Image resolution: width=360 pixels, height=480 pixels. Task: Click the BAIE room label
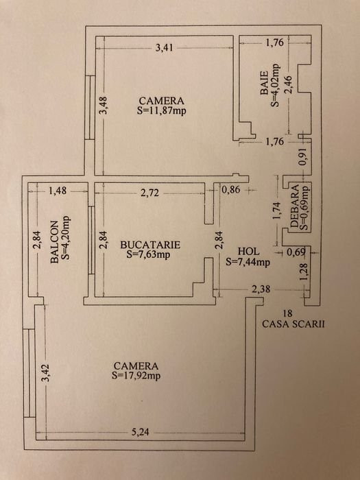(264, 83)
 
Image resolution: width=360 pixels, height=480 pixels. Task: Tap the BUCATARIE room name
(150, 245)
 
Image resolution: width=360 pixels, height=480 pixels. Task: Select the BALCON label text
(54, 242)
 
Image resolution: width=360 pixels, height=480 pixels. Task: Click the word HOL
(248, 252)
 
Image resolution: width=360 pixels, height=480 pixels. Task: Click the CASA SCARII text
(293, 324)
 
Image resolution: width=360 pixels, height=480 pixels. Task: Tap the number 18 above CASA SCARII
(288, 313)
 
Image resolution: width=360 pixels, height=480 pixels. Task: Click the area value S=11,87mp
(162, 110)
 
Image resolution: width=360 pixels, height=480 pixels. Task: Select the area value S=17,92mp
(136, 376)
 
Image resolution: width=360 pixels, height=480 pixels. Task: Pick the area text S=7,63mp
(148, 254)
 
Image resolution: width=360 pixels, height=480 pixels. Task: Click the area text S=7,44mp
(248, 262)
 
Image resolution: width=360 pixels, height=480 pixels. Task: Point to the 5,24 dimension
(141, 432)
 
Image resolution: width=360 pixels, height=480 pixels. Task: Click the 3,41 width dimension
(165, 48)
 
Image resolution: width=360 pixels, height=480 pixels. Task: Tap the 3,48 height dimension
(104, 106)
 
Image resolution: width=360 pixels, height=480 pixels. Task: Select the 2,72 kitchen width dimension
(150, 193)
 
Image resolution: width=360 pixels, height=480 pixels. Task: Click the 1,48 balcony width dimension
(58, 191)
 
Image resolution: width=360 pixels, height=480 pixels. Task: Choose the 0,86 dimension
(231, 190)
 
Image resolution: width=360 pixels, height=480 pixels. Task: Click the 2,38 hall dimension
(261, 289)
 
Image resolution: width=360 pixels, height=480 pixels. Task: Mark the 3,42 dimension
(46, 373)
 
